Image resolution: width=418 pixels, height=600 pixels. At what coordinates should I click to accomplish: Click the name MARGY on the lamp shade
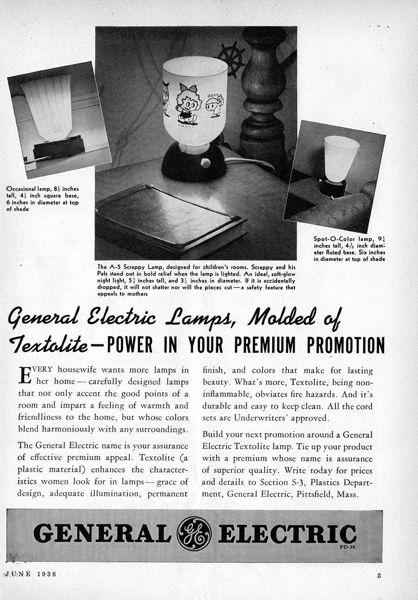[186, 126]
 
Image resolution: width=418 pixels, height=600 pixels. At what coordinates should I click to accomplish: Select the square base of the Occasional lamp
[58, 148]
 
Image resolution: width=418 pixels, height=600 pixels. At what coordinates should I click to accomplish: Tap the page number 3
[379, 576]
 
